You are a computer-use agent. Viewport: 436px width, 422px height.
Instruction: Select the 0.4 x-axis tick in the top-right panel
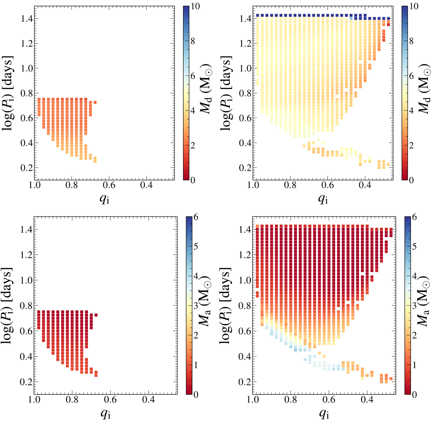coord(365,186)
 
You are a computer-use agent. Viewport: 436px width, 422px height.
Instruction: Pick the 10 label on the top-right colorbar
coord(413,7)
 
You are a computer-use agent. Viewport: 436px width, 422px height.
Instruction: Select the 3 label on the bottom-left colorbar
coord(195,305)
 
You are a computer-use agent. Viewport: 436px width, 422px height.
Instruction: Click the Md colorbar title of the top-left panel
coord(208,94)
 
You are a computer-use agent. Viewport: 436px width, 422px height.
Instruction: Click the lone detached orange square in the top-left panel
coord(95,102)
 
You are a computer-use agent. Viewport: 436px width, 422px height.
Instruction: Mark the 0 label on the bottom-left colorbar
coord(195,394)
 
